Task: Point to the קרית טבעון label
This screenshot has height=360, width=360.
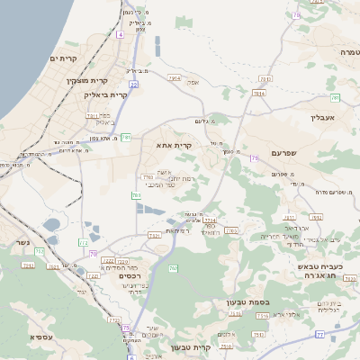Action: (214, 347)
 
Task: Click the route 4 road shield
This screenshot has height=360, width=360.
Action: (121, 34)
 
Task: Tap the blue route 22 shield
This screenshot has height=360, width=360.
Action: (133, 84)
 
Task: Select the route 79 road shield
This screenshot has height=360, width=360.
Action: (255, 158)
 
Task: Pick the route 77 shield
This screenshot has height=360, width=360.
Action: (320, 334)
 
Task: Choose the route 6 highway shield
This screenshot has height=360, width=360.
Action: (131, 357)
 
